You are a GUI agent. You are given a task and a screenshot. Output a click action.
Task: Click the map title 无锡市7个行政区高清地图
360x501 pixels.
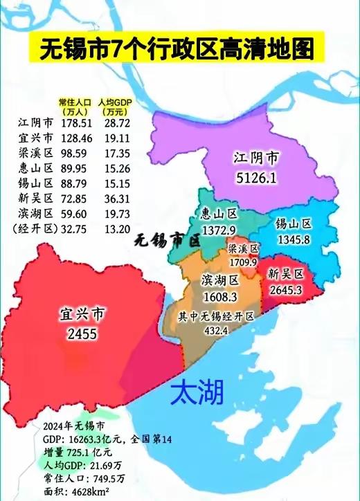[x=177, y=50]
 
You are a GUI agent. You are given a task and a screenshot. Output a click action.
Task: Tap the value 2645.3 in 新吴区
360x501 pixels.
[x=285, y=289]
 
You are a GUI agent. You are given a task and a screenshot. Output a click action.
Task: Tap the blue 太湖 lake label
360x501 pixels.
[x=197, y=392]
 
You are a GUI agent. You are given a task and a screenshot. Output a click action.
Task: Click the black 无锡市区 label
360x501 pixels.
[x=166, y=242]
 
